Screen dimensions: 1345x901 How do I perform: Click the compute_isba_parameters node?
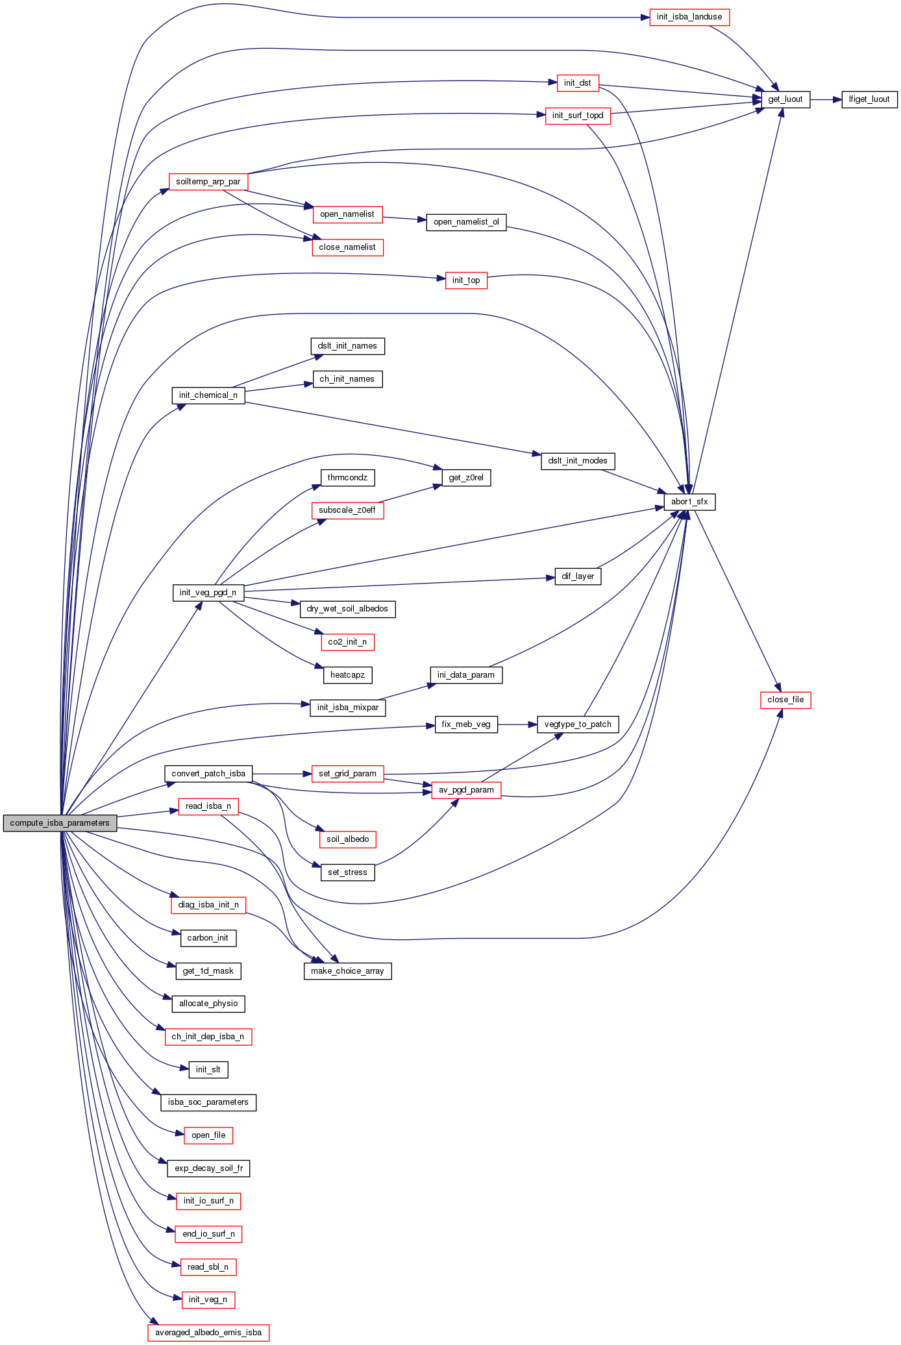60,823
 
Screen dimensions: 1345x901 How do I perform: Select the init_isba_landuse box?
689,17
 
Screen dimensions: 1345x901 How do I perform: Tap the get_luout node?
785,99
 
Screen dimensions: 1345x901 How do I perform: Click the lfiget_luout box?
869,99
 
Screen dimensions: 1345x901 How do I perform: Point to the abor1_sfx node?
689,502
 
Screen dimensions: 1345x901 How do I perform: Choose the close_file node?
785,700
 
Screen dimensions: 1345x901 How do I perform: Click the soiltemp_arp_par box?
208,182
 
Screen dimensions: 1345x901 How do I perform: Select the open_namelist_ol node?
466,222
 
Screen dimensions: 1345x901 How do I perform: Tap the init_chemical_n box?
208,395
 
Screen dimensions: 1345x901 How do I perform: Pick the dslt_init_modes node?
578,461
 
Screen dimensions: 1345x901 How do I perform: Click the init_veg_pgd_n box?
208,593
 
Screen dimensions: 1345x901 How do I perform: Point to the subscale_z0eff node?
347,510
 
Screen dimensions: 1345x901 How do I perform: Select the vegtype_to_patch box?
578,724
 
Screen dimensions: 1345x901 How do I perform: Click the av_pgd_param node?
466,790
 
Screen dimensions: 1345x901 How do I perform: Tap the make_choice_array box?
347,971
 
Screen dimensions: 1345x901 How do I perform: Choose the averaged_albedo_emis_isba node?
208,1333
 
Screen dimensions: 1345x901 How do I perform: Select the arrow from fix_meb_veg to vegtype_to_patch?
517,724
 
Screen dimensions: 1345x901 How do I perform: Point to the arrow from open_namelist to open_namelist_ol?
404,219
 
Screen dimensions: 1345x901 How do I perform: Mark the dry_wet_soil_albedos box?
347,609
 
